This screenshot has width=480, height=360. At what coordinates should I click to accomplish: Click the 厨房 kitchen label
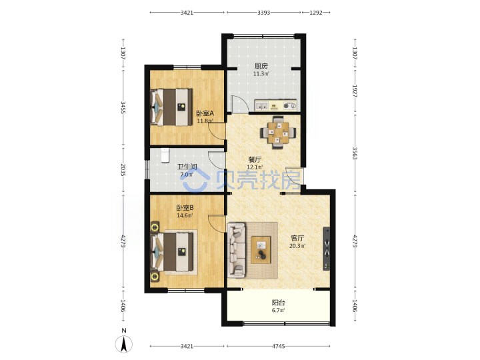pos(261,66)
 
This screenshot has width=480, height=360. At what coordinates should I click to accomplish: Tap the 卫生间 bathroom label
pos(187,167)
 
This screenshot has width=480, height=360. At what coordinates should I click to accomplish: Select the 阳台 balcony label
pos(279,303)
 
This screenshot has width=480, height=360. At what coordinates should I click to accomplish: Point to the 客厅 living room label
pos(297,238)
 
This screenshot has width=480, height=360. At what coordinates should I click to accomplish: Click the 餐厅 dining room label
pos(255,159)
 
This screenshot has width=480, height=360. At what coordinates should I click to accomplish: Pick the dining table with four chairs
pos(278,133)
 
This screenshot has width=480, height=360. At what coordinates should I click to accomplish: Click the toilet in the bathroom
pos(165,155)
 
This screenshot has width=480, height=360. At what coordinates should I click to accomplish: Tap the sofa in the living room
pos(237,251)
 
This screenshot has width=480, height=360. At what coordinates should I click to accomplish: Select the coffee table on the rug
pos(261,250)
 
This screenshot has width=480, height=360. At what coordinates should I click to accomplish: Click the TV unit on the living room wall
pos(327,249)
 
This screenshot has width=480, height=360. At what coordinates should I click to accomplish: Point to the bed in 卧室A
pos(171,107)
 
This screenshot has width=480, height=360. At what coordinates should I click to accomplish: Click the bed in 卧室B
pos(172,252)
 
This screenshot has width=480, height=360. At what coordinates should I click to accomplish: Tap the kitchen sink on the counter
pos(261,106)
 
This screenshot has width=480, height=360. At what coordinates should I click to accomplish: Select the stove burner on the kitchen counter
pos(289,106)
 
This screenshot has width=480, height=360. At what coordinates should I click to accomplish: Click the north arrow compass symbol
pos(124,343)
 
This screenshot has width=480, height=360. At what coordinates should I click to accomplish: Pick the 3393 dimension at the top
pos(263,13)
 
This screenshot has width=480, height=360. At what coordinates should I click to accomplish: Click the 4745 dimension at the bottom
pos(279,346)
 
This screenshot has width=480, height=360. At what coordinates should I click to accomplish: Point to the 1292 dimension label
pos(316,13)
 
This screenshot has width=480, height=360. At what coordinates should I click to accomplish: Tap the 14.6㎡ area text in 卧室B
pos(185,215)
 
